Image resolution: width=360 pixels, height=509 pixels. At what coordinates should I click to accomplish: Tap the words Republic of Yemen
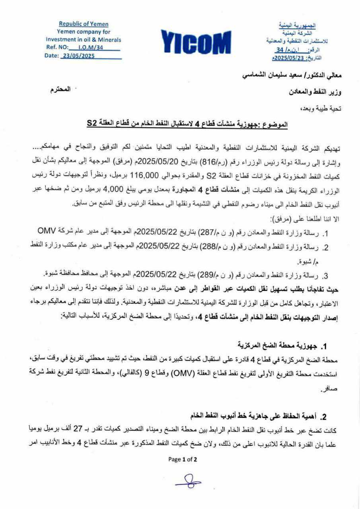pyautogui.click(x=83, y=24)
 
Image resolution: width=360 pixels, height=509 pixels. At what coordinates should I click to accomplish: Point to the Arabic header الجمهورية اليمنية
pyautogui.click(x=297, y=25)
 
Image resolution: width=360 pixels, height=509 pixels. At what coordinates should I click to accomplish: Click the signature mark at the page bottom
pyautogui.click(x=189, y=482)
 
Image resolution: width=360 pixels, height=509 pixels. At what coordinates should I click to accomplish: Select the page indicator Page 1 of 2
pyautogui.click(x=183, y=459)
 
